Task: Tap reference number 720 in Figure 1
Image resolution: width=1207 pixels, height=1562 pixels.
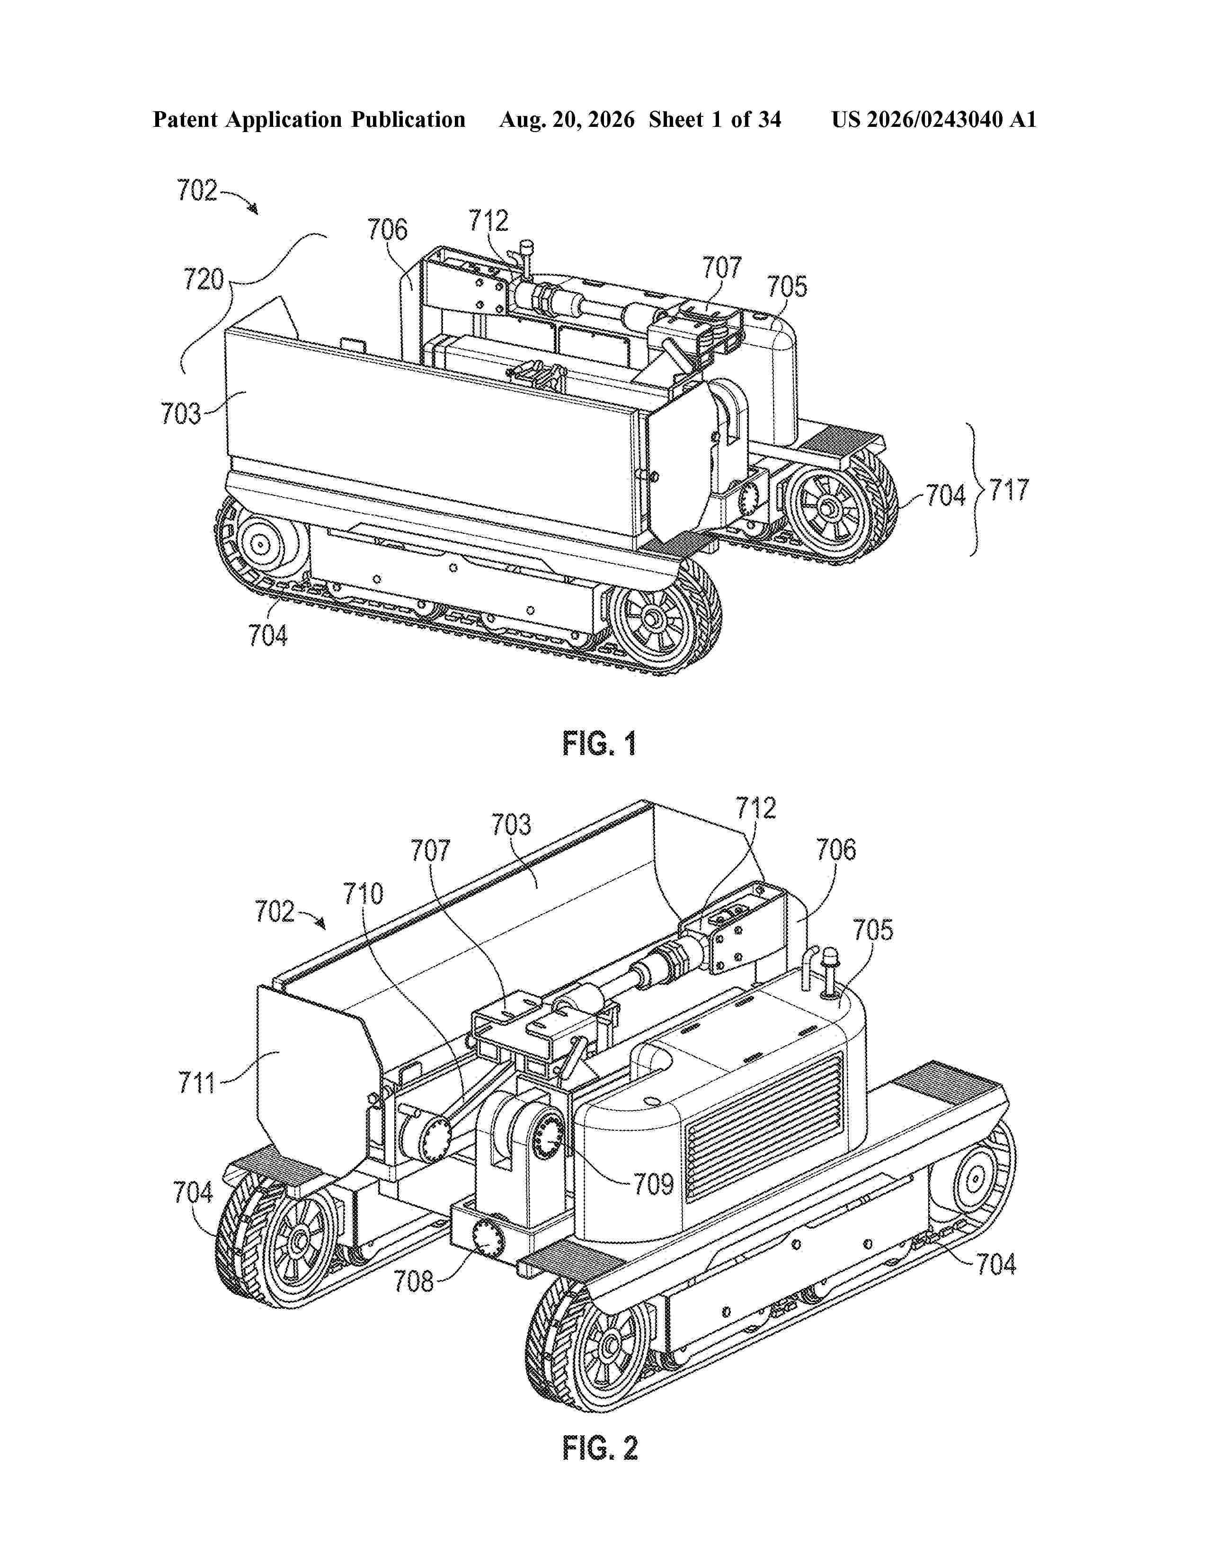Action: pyautogui.click(x=204, y=279)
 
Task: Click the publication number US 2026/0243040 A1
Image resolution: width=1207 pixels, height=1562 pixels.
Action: pyautogui.click(x=934, y=119)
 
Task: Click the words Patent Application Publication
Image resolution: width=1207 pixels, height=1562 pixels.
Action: pyautogui.click(x=309, y=119)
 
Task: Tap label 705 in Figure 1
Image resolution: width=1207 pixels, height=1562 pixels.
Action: pyautogui.click(x=787, y=287)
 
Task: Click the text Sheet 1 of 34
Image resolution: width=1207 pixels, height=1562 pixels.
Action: pyautogui.click(x=715, y=119)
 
